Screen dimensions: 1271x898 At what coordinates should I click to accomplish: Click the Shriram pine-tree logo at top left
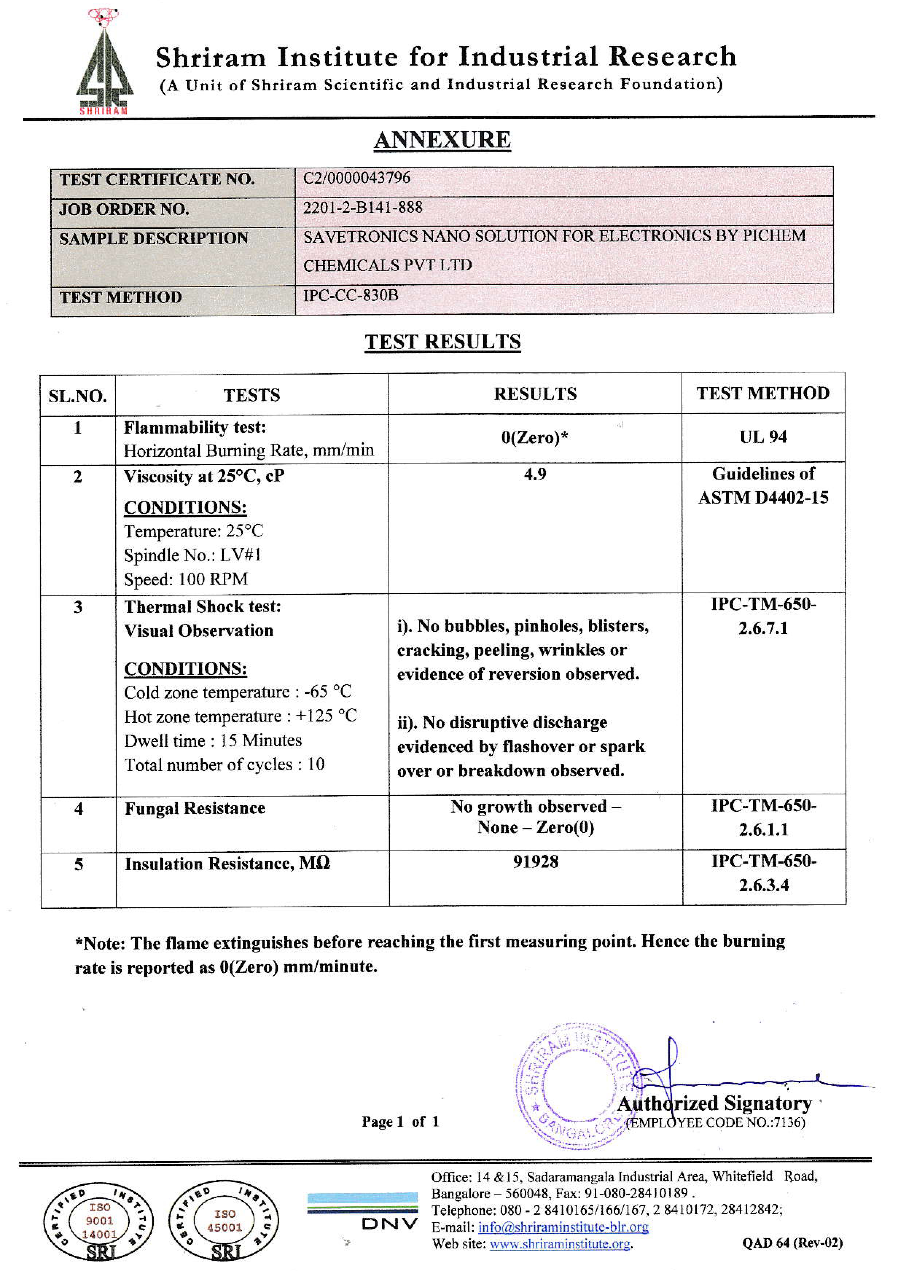click(x=104, y=62)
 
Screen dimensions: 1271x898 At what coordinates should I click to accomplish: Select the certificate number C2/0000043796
click(x=356, y=178)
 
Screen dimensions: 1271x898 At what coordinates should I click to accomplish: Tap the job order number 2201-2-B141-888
click(x=363, y=208)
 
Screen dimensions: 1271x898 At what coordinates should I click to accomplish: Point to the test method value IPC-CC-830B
click(x=351, y=295)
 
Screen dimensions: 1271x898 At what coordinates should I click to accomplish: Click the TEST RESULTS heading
click(x=442, y=341)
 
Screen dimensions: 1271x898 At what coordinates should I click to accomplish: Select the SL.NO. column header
click(x=78, y=396)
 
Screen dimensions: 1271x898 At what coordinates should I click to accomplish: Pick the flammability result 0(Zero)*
click(x=535, y=437)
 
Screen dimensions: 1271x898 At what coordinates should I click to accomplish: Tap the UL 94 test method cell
click(x=763, y=437)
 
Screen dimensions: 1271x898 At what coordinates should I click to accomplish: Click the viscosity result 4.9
click(x=535, y=474)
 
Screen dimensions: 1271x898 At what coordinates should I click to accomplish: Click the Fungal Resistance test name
click(x=195, y=808)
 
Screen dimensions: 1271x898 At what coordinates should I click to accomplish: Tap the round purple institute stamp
click(x=576, y=1085)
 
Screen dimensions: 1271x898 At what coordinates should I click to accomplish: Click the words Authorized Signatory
click(x=714, y=1103)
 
